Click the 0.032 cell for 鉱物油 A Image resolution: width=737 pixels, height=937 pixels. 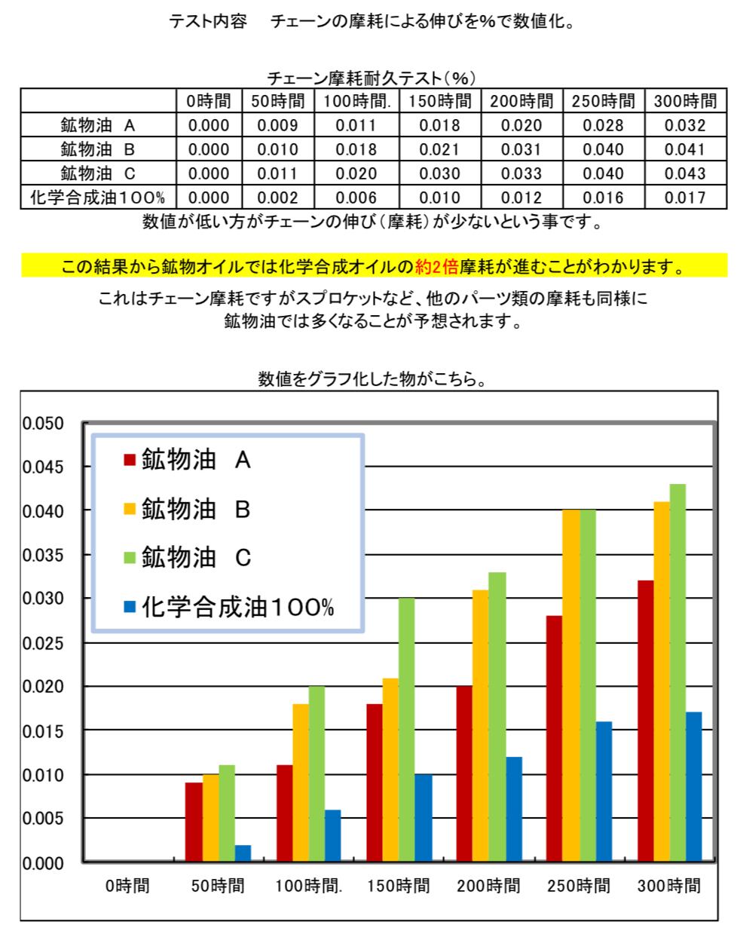[684, 126]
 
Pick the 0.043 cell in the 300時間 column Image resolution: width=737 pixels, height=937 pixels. [684, 173]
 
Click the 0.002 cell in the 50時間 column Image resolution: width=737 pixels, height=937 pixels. [277, 198]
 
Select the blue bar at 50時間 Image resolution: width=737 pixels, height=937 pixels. [243, 853]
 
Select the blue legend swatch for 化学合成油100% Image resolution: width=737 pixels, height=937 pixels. [129, 607]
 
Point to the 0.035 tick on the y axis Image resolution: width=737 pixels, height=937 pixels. [44, 555]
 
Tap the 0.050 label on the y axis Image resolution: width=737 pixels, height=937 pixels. [44, 423]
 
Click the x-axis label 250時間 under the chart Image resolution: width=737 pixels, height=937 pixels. [579, 886]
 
